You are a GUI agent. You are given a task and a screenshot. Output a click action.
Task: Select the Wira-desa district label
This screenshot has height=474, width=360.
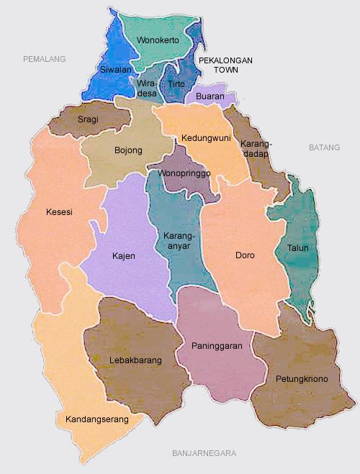click(x=147, y=88)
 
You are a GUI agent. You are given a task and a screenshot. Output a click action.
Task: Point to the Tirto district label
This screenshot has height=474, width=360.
click(x=176, y=84)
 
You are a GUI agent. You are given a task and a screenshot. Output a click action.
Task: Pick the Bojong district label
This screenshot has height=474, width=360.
click(x=128, y=150)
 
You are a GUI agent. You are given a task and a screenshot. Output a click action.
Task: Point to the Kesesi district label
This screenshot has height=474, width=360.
click(x=58, y=213)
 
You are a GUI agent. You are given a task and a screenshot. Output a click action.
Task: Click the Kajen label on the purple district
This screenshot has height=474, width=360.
click(x=124, y=255)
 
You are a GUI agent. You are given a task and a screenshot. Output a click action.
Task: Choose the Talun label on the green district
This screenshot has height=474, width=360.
click(x=298, y=248)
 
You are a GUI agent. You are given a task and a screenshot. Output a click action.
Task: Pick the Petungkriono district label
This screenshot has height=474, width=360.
click(x=302, y=378)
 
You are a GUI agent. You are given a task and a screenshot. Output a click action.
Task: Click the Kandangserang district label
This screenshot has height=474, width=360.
click(x=96, y=419)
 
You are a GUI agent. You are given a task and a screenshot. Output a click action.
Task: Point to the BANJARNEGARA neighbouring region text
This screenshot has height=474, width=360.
click(x=204, y=453)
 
